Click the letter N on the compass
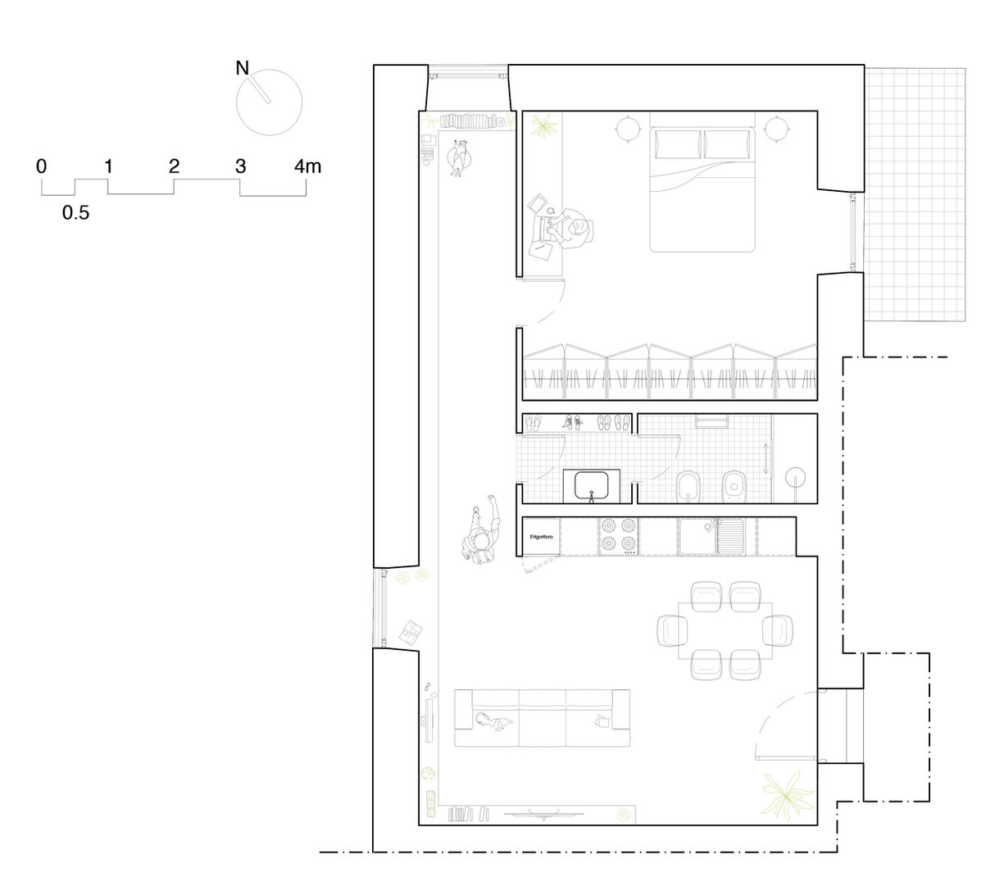(242, 68)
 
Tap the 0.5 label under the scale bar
(75, 212)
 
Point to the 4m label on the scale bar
(307, 166)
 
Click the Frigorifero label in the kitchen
(541, 537)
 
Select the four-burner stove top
(618, 536)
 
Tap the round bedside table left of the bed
(628, 130)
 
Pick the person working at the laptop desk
(575, 230)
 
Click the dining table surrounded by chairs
(725, 630)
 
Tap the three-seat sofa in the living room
(542, 718)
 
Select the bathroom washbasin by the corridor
(591, 486)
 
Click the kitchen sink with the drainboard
(711, 536)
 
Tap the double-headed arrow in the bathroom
(766, 459)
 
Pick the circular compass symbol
(269, 102)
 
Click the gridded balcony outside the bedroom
(915, 194)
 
